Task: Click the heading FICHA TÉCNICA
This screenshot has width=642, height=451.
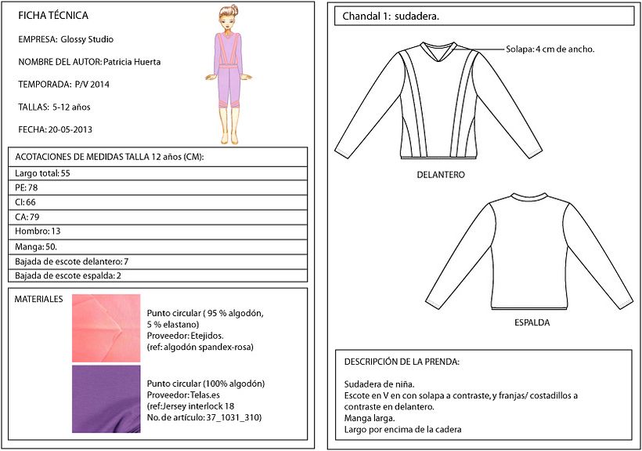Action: click(52, 16)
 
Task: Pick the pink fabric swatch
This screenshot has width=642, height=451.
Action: click(106, 328)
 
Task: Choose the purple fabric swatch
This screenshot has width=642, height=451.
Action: click(106, 398)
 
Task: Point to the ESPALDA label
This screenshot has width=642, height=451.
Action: click(532, 322)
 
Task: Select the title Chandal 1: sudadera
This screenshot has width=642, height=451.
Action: click(391, 16)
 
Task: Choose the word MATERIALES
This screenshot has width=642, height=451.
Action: click(38, 300)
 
